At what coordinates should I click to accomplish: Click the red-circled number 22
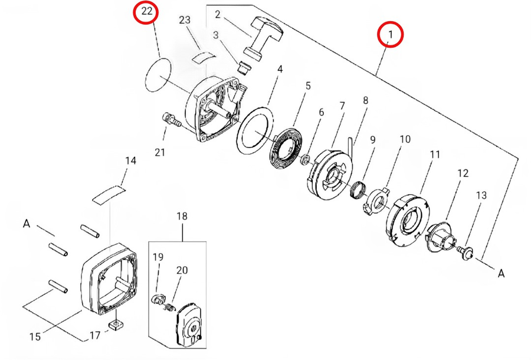[146, 11]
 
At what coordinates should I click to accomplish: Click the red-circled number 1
[390, 35]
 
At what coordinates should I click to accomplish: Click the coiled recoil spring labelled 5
[288, 146]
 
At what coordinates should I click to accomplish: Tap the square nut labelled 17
[115, 325]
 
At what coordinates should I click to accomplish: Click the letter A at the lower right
[501, 274]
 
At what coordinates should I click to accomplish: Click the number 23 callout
[185, 19]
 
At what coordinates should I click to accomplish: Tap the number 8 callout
[366, 100]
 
